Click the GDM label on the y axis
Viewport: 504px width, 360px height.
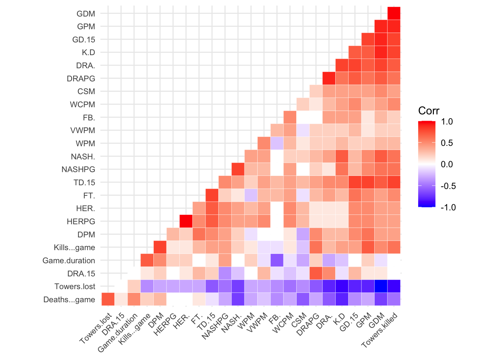pos(85,14)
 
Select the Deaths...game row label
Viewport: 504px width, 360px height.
pos(69,300)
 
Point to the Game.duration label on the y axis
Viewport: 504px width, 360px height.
pos(69,261)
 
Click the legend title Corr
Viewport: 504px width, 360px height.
pos(429,111)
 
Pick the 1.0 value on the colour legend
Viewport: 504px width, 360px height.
pos(447,121)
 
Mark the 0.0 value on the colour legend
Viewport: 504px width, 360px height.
pos(447,164)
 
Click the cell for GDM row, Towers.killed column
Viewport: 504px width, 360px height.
pos(394,13)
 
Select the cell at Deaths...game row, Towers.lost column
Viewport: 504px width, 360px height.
pos(108,299)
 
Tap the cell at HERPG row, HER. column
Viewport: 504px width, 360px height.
pos(186,221)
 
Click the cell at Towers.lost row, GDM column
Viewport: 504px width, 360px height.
pos(381,286)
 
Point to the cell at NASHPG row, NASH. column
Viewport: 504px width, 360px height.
pos(238,169)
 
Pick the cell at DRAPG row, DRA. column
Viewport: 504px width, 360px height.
pos(329,78)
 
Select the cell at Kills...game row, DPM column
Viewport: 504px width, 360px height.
pos(160,247)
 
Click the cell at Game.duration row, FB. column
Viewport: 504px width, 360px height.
pos(277,260)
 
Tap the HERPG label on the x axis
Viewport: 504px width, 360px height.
pos(165,324)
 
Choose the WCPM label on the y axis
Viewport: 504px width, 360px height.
pos(82,105)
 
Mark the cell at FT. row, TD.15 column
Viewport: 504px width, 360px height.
pos(212,195)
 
